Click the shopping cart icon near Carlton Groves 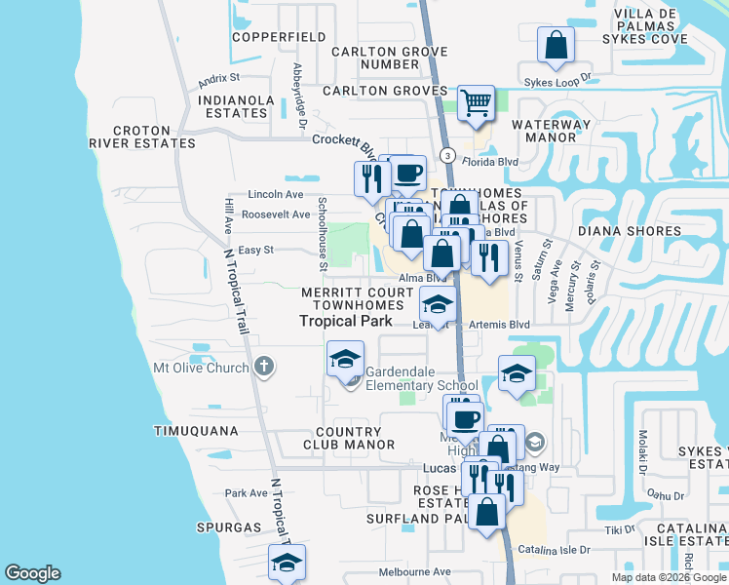[475, 102]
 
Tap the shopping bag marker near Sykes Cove [556, 46]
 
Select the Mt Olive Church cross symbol [262, 368]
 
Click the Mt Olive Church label [198, 368]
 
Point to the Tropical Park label [345, 320]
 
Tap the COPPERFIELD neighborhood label [279, 37]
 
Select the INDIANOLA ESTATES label [246, 106]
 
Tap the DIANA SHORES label [629, 231]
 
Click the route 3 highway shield [446, 156]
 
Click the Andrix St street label [218, 77]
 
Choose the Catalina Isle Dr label [556, 550]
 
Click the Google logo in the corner [32, 573]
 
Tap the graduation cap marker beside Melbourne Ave [287, 563]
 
